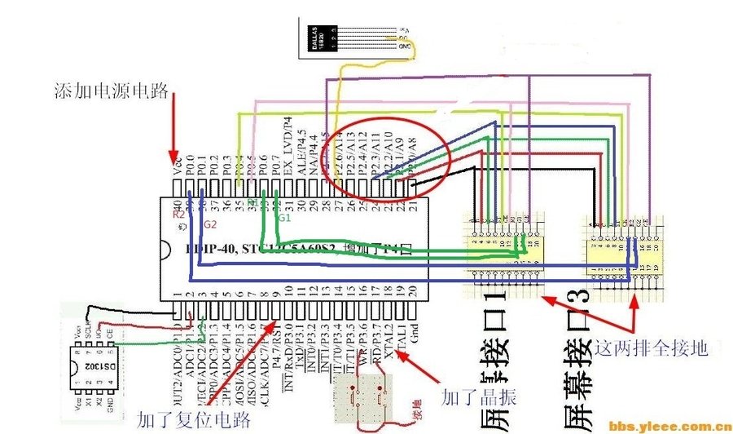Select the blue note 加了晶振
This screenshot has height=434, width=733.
point(471,398)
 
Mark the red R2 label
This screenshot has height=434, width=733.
point(178,214)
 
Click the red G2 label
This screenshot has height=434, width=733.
point(209,223)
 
